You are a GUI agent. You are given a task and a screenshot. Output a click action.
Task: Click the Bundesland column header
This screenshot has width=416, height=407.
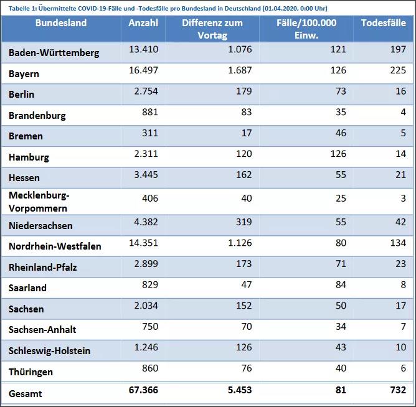(x=61, y=23)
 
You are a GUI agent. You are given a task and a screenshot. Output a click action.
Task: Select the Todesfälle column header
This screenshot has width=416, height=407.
(x=383, y=23)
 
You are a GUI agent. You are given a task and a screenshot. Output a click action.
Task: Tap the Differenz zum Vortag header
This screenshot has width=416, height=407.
(x=212, y=29)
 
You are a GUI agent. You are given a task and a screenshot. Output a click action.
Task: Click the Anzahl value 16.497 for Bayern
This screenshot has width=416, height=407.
(x=143, y=70)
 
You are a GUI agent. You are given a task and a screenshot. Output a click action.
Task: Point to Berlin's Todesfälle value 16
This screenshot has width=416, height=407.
(x=400, y=91)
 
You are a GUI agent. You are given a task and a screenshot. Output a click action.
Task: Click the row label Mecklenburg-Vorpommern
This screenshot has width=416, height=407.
(x=39, y=202)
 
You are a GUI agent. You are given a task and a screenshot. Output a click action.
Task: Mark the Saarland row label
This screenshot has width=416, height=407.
(x=27, y=288)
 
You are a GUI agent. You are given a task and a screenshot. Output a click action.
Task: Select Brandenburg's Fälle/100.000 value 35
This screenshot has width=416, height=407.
(x=340, y=112)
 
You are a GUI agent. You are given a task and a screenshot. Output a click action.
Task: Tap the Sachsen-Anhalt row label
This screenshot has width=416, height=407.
(x=42, y=330)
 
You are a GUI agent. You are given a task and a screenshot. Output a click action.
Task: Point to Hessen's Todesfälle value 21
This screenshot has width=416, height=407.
(x=400, y=175)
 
